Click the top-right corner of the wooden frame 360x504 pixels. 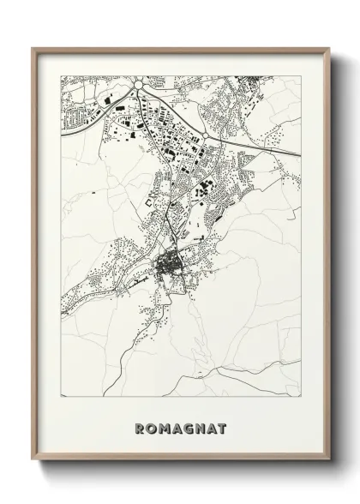click(x=328, y=48)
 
